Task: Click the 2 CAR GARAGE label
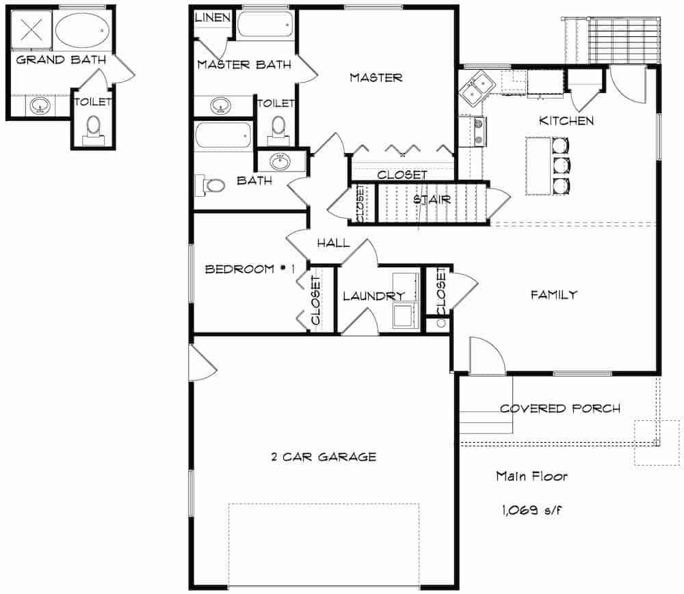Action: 323,457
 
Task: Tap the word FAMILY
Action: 554,295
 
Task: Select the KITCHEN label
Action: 566,121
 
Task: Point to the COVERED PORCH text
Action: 560,409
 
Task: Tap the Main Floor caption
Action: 531,476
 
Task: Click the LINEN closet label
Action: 213,17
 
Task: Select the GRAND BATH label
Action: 60,59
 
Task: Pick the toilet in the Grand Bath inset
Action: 93,129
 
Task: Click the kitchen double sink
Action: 477,87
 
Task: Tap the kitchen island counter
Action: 538,166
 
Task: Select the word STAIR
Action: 432,200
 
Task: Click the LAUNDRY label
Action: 373,296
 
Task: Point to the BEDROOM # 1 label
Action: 249,269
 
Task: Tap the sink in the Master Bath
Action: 220,106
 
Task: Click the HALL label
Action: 332,243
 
